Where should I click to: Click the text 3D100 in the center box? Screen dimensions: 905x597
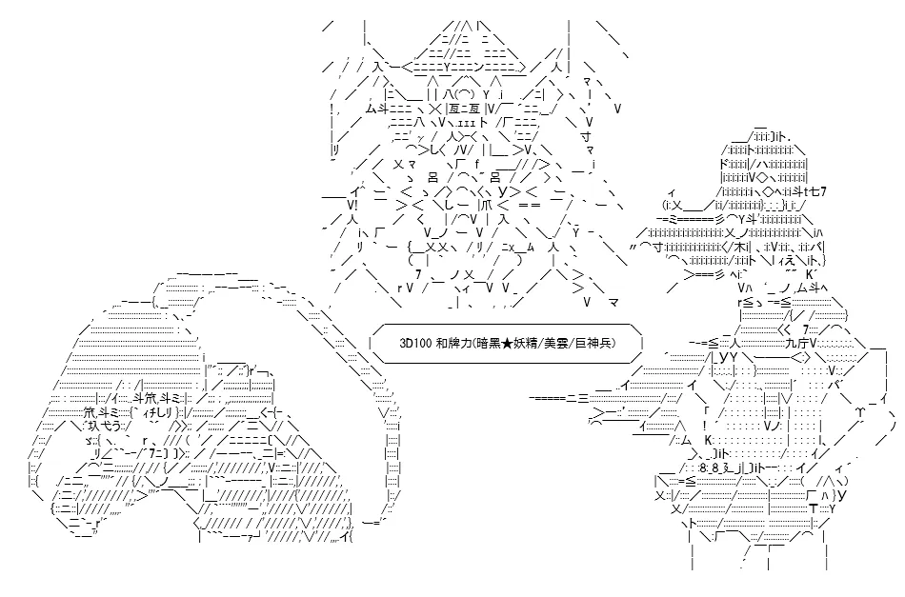(x=415, y=343)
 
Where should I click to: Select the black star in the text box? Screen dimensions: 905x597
(x=506, y=343)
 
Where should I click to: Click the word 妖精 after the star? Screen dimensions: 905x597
(x=523, y=343)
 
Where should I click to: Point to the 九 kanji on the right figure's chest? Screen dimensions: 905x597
(x=791, y=343)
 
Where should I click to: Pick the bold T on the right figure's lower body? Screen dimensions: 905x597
(x=813, y=508)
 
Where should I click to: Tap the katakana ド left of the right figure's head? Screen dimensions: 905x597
(x=726, y=164)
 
